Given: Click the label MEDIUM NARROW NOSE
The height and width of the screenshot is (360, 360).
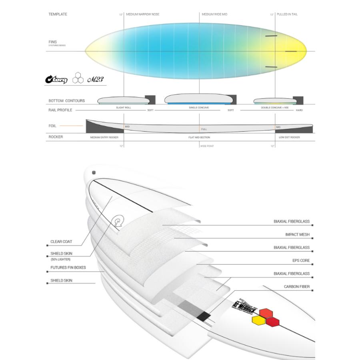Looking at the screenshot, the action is tap(143, 14).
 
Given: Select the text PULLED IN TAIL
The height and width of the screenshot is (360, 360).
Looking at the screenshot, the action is tap(287, 14).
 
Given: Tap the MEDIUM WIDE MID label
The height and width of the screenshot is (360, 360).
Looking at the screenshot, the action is tap(214, 14).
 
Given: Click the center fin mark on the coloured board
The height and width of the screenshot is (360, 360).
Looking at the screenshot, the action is tap(290, 52).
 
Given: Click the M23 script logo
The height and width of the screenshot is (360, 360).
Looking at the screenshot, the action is tap(95, 80).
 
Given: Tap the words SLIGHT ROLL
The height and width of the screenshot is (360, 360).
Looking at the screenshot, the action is tap(124, 108).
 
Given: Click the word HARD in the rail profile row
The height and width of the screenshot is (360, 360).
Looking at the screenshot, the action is tap(299, 110).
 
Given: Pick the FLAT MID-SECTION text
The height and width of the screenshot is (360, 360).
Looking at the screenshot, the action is tap(199, 137).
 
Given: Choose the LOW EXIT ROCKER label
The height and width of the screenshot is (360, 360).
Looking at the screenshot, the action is tap(290, 137).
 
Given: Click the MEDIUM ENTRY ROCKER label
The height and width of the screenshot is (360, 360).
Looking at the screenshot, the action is tap(104, 137).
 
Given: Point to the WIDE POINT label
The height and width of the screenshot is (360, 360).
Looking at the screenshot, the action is tap(207, 146).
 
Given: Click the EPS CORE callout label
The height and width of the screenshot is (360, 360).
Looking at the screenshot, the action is tap(301, 261).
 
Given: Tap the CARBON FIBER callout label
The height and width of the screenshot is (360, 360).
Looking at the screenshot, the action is tap(297, 287).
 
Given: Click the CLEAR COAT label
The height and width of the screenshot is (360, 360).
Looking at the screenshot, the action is tap(61, 242).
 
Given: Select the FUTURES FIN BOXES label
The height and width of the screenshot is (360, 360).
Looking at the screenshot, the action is tap(68, 268).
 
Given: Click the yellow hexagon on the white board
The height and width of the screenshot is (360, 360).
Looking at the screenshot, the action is tap(257, 320).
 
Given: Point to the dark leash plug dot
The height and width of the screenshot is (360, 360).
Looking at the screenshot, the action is tap(94, 173).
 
